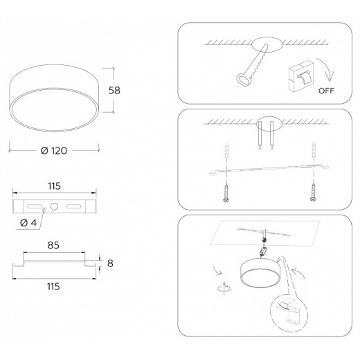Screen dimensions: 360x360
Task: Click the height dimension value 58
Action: pos(114,90)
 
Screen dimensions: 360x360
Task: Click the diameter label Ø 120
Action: pos(54,151)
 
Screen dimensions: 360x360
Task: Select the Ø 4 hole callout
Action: pos(28,223)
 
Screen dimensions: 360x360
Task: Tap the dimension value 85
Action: pos(53,245)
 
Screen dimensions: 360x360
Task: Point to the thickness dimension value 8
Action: pos(110,263)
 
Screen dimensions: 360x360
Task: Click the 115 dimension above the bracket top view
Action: pos(54,186)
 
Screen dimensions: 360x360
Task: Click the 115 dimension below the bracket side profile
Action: pos(53,287)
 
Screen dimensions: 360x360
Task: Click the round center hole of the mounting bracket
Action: pos(54,206)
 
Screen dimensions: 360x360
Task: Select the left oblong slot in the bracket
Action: pos(35,206)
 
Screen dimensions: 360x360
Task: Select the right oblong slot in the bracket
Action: pos(73,206)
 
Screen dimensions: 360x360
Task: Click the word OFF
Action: pos(326,91)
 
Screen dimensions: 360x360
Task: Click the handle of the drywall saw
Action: pos(243,80)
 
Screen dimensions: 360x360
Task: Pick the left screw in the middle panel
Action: pos(226,192)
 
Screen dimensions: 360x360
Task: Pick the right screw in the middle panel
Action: pos(313,192)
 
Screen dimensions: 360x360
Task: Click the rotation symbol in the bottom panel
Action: pos(224,288)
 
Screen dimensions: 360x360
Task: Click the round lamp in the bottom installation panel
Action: pos(260,273)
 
